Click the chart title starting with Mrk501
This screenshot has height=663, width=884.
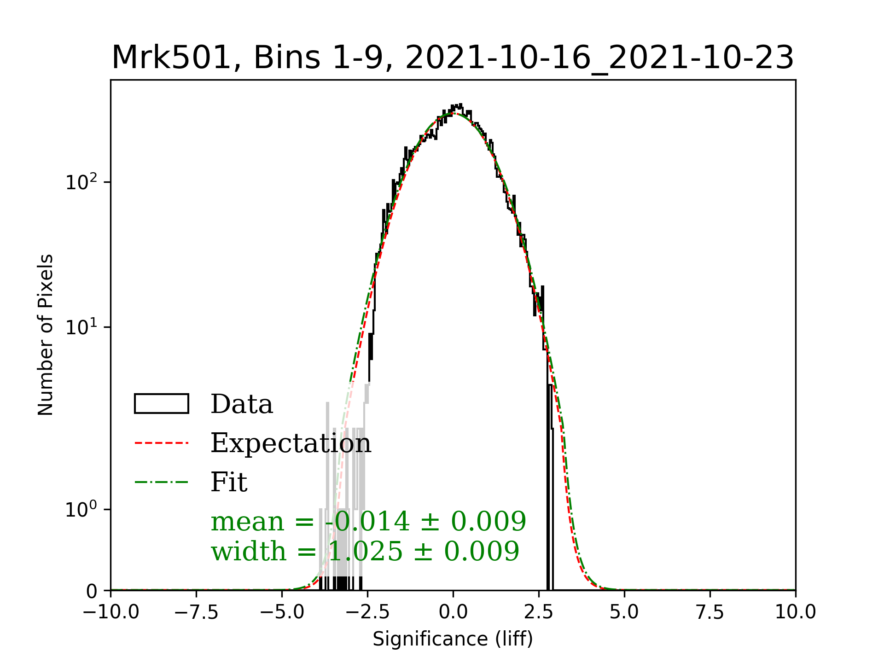(453, 58)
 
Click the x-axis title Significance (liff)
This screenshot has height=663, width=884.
(453, 639)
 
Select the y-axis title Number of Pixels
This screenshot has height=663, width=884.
(46, 335)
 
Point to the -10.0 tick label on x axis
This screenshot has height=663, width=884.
(110, 612)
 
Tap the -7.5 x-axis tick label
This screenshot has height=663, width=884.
(196, 612)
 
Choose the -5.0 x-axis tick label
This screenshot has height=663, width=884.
(282, 612)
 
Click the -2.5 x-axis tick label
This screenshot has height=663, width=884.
(367, 612)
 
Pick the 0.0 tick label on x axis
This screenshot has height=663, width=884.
(453, 612)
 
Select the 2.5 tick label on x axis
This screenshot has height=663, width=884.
(539, 612)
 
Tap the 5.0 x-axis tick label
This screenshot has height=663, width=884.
(624, 612)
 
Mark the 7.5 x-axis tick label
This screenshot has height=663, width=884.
(710, 612)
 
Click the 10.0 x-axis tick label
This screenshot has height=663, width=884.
(796, 612)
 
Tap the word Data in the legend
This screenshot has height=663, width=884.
(242, 404)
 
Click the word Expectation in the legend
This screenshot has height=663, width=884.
(291, 443)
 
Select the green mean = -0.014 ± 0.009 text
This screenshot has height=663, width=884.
(368, 522)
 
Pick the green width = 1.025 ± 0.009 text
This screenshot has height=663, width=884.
(365, 551)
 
